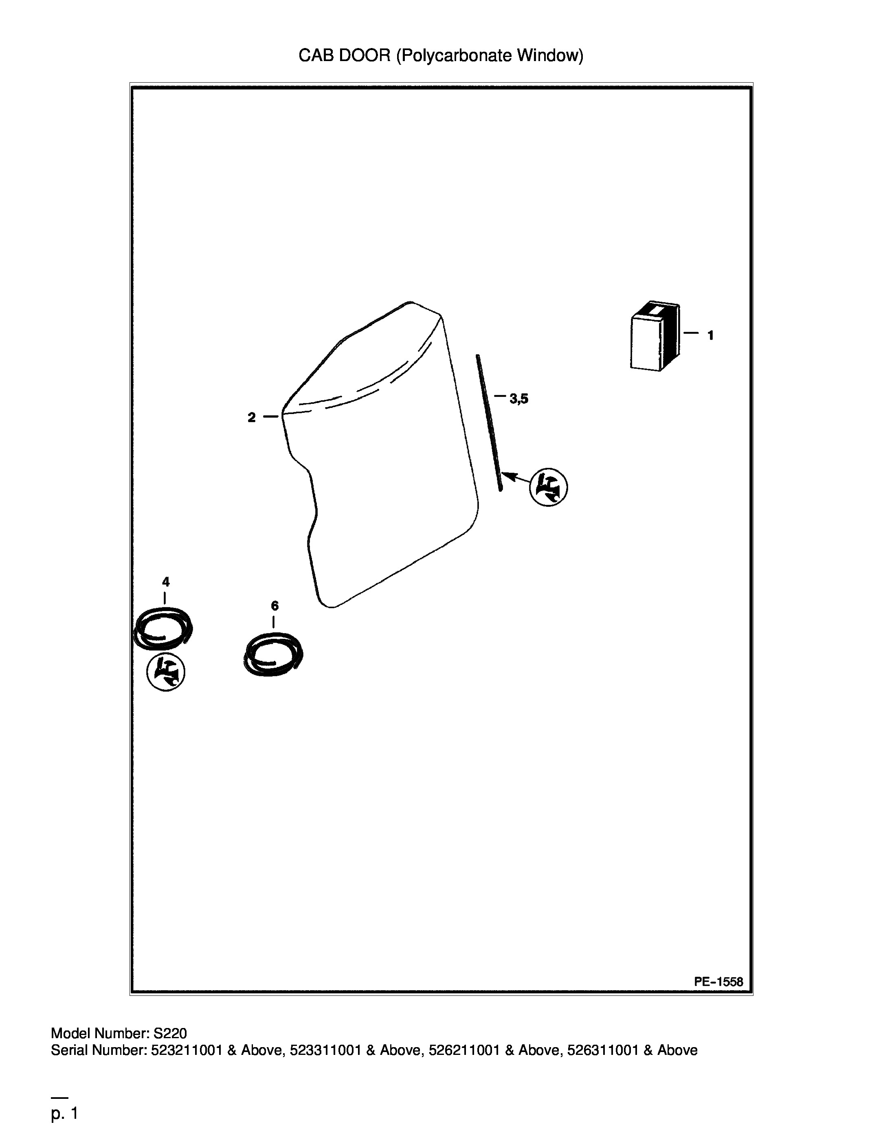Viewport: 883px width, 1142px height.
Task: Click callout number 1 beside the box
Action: [710, 336]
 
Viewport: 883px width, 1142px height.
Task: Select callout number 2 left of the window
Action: [252, 417]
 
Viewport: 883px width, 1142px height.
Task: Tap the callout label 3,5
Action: [519, 399]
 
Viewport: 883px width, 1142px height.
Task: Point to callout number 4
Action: [166, 581]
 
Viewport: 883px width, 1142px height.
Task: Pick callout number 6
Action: [275, 605]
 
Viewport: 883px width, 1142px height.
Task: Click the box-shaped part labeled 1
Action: [655, 337]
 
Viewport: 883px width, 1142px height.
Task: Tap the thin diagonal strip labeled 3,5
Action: [489, 423]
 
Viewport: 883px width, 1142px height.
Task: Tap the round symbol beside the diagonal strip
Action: [549, 487]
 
